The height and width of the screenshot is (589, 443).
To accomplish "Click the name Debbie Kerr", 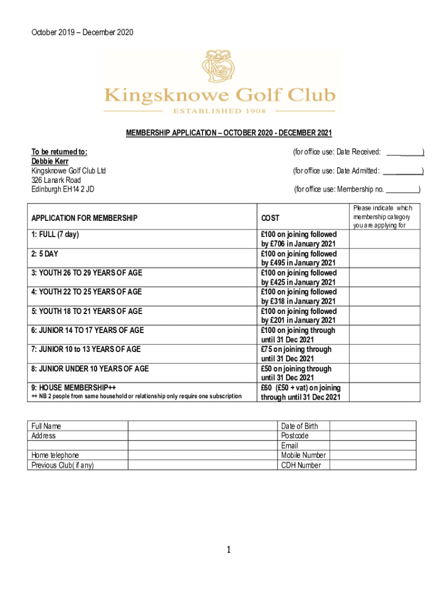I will (51, 162).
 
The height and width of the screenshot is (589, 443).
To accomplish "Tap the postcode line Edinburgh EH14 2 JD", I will (63, 189).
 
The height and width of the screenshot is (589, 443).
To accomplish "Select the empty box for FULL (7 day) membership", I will (382, 239).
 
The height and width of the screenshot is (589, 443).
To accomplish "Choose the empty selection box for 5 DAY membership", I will (382, 258).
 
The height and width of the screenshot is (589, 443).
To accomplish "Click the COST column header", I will (270, 218).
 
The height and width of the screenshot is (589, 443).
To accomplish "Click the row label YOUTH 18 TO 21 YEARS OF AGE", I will (86, 311).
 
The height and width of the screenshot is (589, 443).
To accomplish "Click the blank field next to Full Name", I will (202, 426).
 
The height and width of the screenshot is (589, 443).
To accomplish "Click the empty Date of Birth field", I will (372, 426).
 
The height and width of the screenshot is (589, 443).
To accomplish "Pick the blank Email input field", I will (372, 445).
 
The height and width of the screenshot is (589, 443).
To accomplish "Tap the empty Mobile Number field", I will (372, 455).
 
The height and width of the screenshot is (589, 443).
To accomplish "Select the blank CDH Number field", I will (372, 465).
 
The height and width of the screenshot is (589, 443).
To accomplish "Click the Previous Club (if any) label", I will (63, 465).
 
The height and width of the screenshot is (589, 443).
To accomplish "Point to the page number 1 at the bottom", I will (228, 550).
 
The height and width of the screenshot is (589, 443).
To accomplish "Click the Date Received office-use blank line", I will (405, 152).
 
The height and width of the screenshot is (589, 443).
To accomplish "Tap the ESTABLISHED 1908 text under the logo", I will (219, 111).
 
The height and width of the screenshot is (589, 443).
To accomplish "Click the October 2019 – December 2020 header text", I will (82, 33).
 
